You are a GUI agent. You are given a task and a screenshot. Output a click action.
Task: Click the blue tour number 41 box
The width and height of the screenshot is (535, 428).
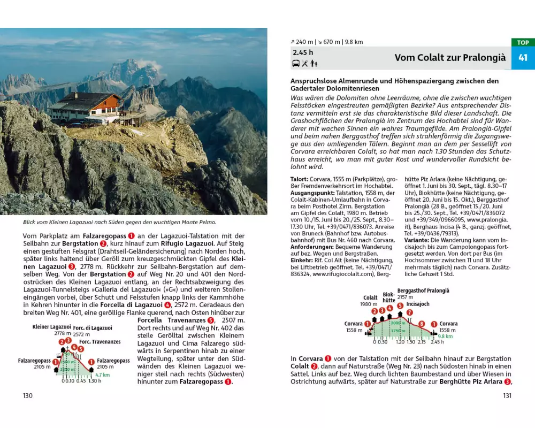tap(523, 58)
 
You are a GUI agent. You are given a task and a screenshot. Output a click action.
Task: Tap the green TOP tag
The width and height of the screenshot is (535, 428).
tap(523, 42)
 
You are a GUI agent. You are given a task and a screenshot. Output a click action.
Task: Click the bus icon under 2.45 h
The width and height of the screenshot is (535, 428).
tap(296, 64)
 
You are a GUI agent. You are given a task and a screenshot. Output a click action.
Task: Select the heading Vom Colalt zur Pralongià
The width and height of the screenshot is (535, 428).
tap(450, 58)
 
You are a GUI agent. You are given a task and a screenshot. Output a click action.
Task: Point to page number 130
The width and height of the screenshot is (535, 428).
tap(27, 395)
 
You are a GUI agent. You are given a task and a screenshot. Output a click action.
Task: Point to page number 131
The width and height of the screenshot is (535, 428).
tap(507, 395)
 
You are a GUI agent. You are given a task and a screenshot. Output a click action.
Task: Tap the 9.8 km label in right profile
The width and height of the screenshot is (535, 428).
tap(445, 337)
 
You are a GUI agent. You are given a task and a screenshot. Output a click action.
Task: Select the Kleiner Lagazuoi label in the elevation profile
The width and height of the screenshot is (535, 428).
tap(51, 327)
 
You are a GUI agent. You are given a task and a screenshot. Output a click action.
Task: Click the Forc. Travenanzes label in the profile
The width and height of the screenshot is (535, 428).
tap(100, 341)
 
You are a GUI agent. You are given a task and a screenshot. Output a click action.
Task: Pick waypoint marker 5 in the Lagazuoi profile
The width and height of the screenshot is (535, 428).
tap(80, 349)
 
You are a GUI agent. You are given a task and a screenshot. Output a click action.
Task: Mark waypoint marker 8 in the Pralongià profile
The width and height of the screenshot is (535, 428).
tap(422, 324)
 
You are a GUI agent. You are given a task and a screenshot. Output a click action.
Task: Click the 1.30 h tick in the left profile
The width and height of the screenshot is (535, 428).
tap(95, 381)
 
